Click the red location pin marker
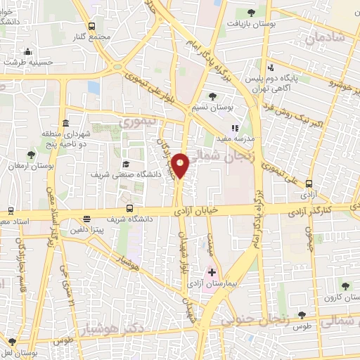[181, 165]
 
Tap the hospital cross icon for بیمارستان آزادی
[212, 271]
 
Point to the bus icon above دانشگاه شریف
[129, 208]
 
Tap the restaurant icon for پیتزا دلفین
[86, 219]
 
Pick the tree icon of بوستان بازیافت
[252, 12]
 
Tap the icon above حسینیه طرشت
[27, 51]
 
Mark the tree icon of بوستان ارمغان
[30, 154]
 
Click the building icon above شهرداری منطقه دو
[65, 122]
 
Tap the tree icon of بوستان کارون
[345, 285]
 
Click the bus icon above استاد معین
[10, 210]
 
